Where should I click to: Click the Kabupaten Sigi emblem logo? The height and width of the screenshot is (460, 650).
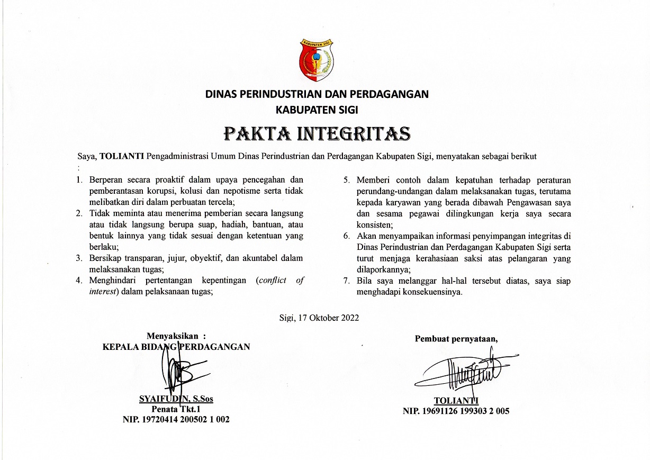[x=317, y=59]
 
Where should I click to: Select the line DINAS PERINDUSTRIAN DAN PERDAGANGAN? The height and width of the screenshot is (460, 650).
[x=317, y=95]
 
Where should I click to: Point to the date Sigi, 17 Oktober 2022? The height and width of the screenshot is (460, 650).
[x=319, y=318]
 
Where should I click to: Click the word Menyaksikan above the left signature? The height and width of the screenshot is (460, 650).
[x=173, y=336]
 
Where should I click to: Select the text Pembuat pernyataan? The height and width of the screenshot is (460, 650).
[x=456, y=339]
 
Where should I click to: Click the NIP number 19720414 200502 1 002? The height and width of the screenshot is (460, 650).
[x=176, y=420]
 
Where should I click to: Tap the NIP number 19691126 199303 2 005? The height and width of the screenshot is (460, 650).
[x=456, y=411]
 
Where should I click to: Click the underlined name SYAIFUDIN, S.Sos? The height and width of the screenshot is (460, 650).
[x=176, y=400]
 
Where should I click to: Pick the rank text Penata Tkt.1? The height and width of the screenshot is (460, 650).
[x=176, y=410]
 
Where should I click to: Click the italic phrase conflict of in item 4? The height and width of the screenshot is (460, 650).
[x=281, y=281]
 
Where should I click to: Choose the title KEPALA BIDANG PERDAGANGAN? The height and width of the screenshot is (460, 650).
[x=176, y=347]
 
